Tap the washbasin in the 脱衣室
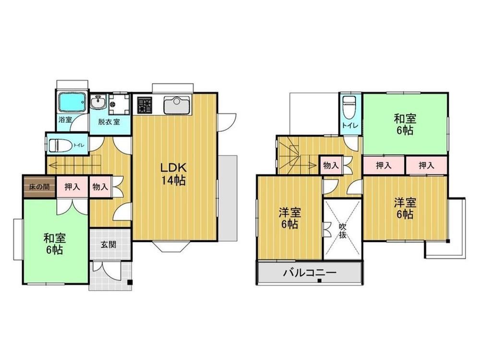coord(98,102)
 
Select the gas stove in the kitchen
coord(144,105)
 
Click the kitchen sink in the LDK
coord(177,105)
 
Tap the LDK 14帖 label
coord(174,174)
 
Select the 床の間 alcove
coord(39,187)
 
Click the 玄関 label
coord(108,245)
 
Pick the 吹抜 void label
coord(343,231)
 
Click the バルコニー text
coord(310,272)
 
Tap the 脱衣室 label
coord(109,121)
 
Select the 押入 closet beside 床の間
coord(72,187)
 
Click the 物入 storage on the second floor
coord(331,166)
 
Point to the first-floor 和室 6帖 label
coord(55,244)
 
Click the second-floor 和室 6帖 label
coord(405,124)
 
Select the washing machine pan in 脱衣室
coord(119,104)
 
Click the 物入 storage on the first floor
coord(100,187)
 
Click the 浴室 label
coord(65,119)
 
